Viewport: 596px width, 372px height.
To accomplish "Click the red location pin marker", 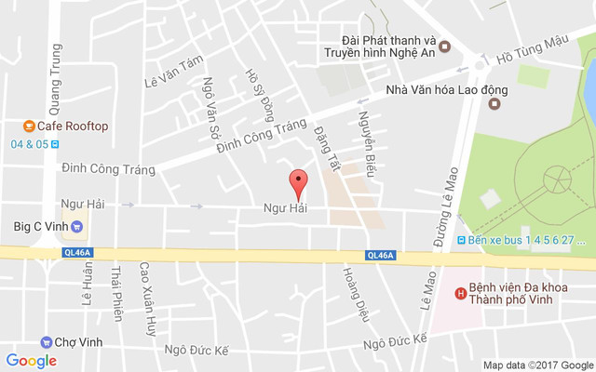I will (298, 183).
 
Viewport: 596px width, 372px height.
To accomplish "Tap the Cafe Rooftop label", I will (73, 126).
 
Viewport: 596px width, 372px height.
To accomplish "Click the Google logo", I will (31, 361).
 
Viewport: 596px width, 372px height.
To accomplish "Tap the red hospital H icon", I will (459, 294).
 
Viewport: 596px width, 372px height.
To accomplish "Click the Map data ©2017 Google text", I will (537, 365).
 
